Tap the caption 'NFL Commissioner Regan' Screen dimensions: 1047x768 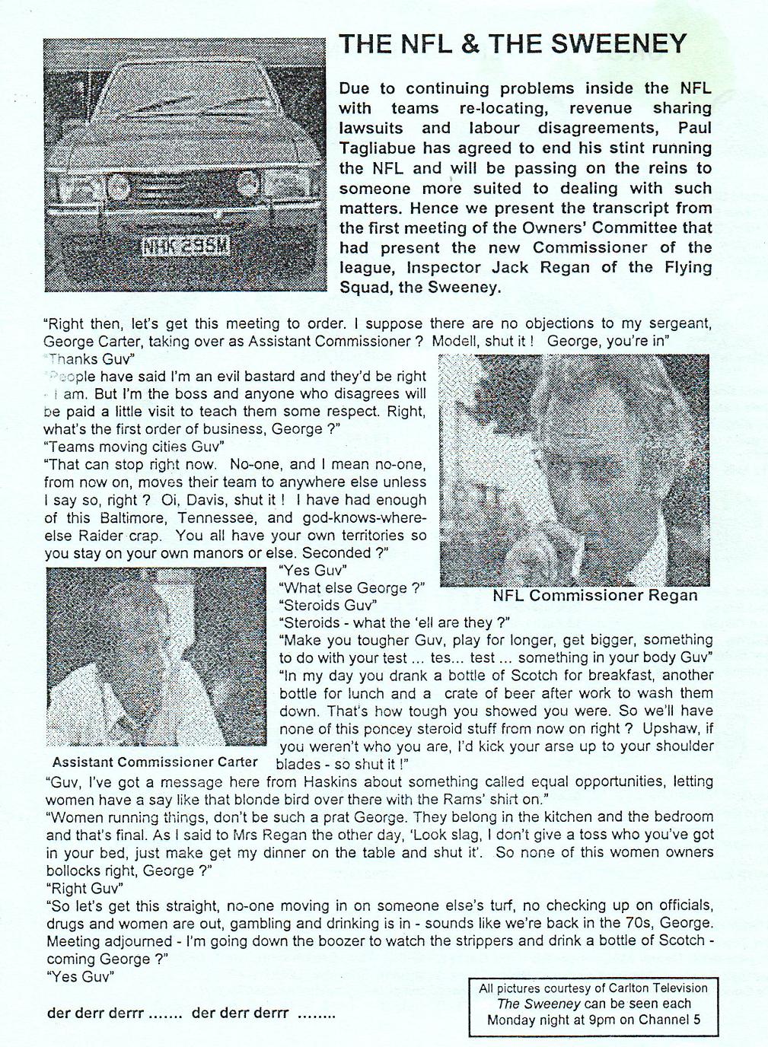point(595,595)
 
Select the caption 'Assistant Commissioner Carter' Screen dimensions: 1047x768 point(155,762)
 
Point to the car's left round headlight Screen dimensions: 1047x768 point(118,185)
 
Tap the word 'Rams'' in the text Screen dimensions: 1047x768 point(478,799)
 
